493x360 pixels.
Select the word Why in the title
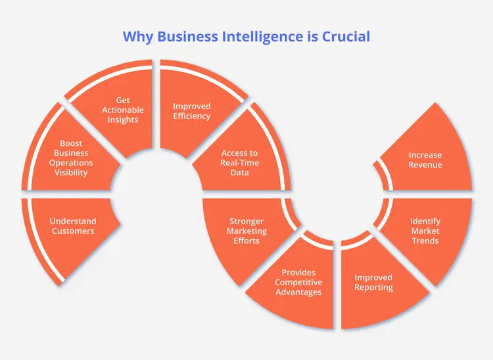138,35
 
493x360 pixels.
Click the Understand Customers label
73,226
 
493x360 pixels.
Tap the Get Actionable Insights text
123,110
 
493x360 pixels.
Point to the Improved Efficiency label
191,111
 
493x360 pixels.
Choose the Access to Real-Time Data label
241,163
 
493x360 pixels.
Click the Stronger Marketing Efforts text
247,231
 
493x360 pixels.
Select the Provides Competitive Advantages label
298,282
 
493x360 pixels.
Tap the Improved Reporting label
374,282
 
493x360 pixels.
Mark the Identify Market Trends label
425,231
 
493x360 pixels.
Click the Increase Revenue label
425,160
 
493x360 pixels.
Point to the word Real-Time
241,163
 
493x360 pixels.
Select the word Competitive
298,282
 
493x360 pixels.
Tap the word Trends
425,240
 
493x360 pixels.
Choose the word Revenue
425,165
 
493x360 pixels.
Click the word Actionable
123,110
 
